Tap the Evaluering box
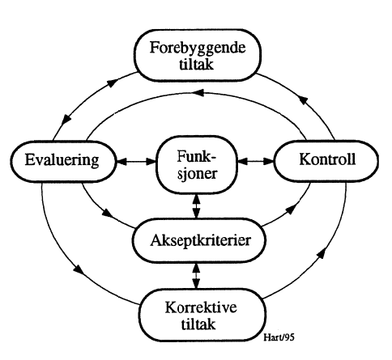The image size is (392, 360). coord(62,160)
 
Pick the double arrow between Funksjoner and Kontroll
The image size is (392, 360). coord(256,162)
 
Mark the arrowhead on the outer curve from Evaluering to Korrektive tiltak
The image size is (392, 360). coord(79,268)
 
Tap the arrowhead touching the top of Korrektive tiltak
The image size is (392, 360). coord(196,286)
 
